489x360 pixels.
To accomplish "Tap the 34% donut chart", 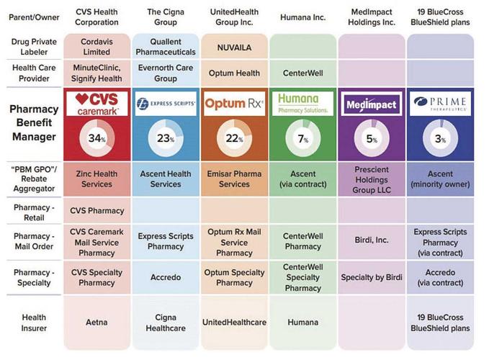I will pyautogui.click(x=97, y=138).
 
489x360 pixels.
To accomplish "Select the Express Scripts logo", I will pyautogui.click(x=165, y=104).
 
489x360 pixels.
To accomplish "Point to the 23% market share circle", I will pyautogui.click(x=165, y=138).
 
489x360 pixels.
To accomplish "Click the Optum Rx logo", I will pyautogui.click(x=234, y=104).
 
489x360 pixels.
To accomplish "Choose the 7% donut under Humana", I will pyautogui.click(x=302, y=138).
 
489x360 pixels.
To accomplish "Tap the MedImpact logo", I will pyautogui.click(x=371, y=104).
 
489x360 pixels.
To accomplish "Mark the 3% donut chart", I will pyautogui.click(x=440, y=138).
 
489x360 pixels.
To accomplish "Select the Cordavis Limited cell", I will pyautogui.click(x=97, y=46).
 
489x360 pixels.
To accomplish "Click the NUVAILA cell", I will pyautogui.click(x=234, y=47).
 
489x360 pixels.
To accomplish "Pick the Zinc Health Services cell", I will pyautogui.click(x=97, y=179).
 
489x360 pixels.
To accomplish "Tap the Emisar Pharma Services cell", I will pyautogui.click(x=234, y=179).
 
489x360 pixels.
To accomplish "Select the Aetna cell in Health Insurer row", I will pyautogui.click(x=97, y=323).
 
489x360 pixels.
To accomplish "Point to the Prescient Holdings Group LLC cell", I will pyautogui.click(x=371, y=179).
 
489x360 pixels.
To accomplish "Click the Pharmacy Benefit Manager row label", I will pyautogui.click(x=33, y=122).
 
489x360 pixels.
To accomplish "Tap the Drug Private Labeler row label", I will pyautogui.click(x=33, y=47).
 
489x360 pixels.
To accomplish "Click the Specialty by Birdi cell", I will pyautogui.click(x=371, y=276).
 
